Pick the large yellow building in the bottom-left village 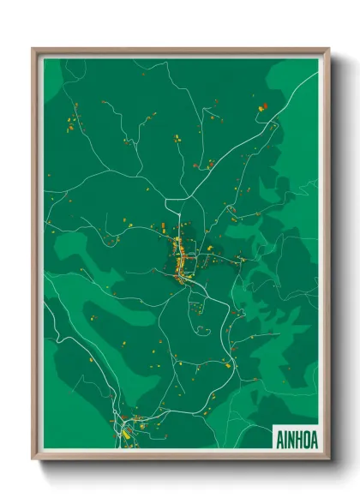(x=125, y=435)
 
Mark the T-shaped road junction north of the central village (x=177, y=200)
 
